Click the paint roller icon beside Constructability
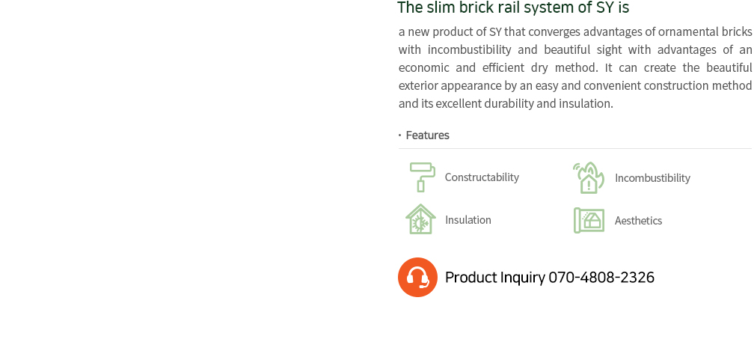(x=422, y=177)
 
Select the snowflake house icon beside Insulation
(x=420, y=219)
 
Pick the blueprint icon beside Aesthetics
(x=589, y=221)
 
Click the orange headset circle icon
(x=417, y=277)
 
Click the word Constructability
(x=482, y=177)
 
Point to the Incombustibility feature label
(x=652, y=178)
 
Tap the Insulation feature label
(x=468, y=220)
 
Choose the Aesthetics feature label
(x=638, y=221)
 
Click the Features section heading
(x=428, y=135)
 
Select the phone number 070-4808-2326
(x=601, y=277)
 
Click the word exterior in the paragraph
(x=418, y=86)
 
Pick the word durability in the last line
(x=509, y=104)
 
